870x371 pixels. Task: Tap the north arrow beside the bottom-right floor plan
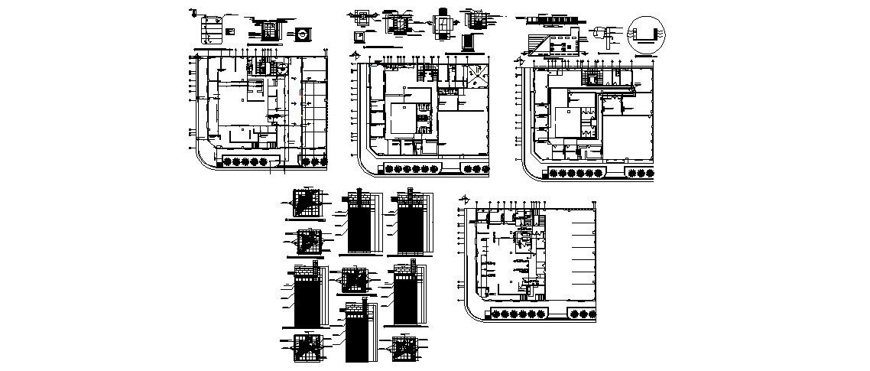(464, 201)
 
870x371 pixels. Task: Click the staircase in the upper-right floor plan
(592, 76)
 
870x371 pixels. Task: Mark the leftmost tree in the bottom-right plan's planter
(497, 314)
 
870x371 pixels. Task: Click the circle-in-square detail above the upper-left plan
(303, 34)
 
